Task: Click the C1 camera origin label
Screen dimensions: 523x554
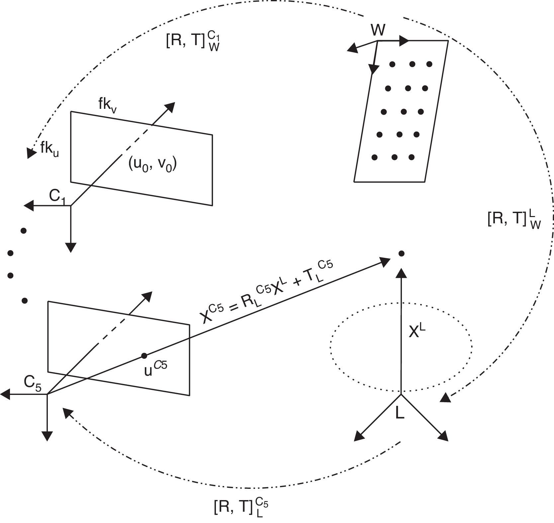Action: click(x=57, y=197)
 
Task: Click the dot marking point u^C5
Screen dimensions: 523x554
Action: click(x=144, y=356)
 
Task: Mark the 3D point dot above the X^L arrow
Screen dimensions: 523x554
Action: click(x=401, y=254)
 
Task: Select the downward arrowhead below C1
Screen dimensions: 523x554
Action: click(x=71, y=247)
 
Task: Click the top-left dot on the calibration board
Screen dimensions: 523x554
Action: click(x=393, y=64)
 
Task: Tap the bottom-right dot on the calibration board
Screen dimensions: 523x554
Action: click(x=412, y=157)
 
